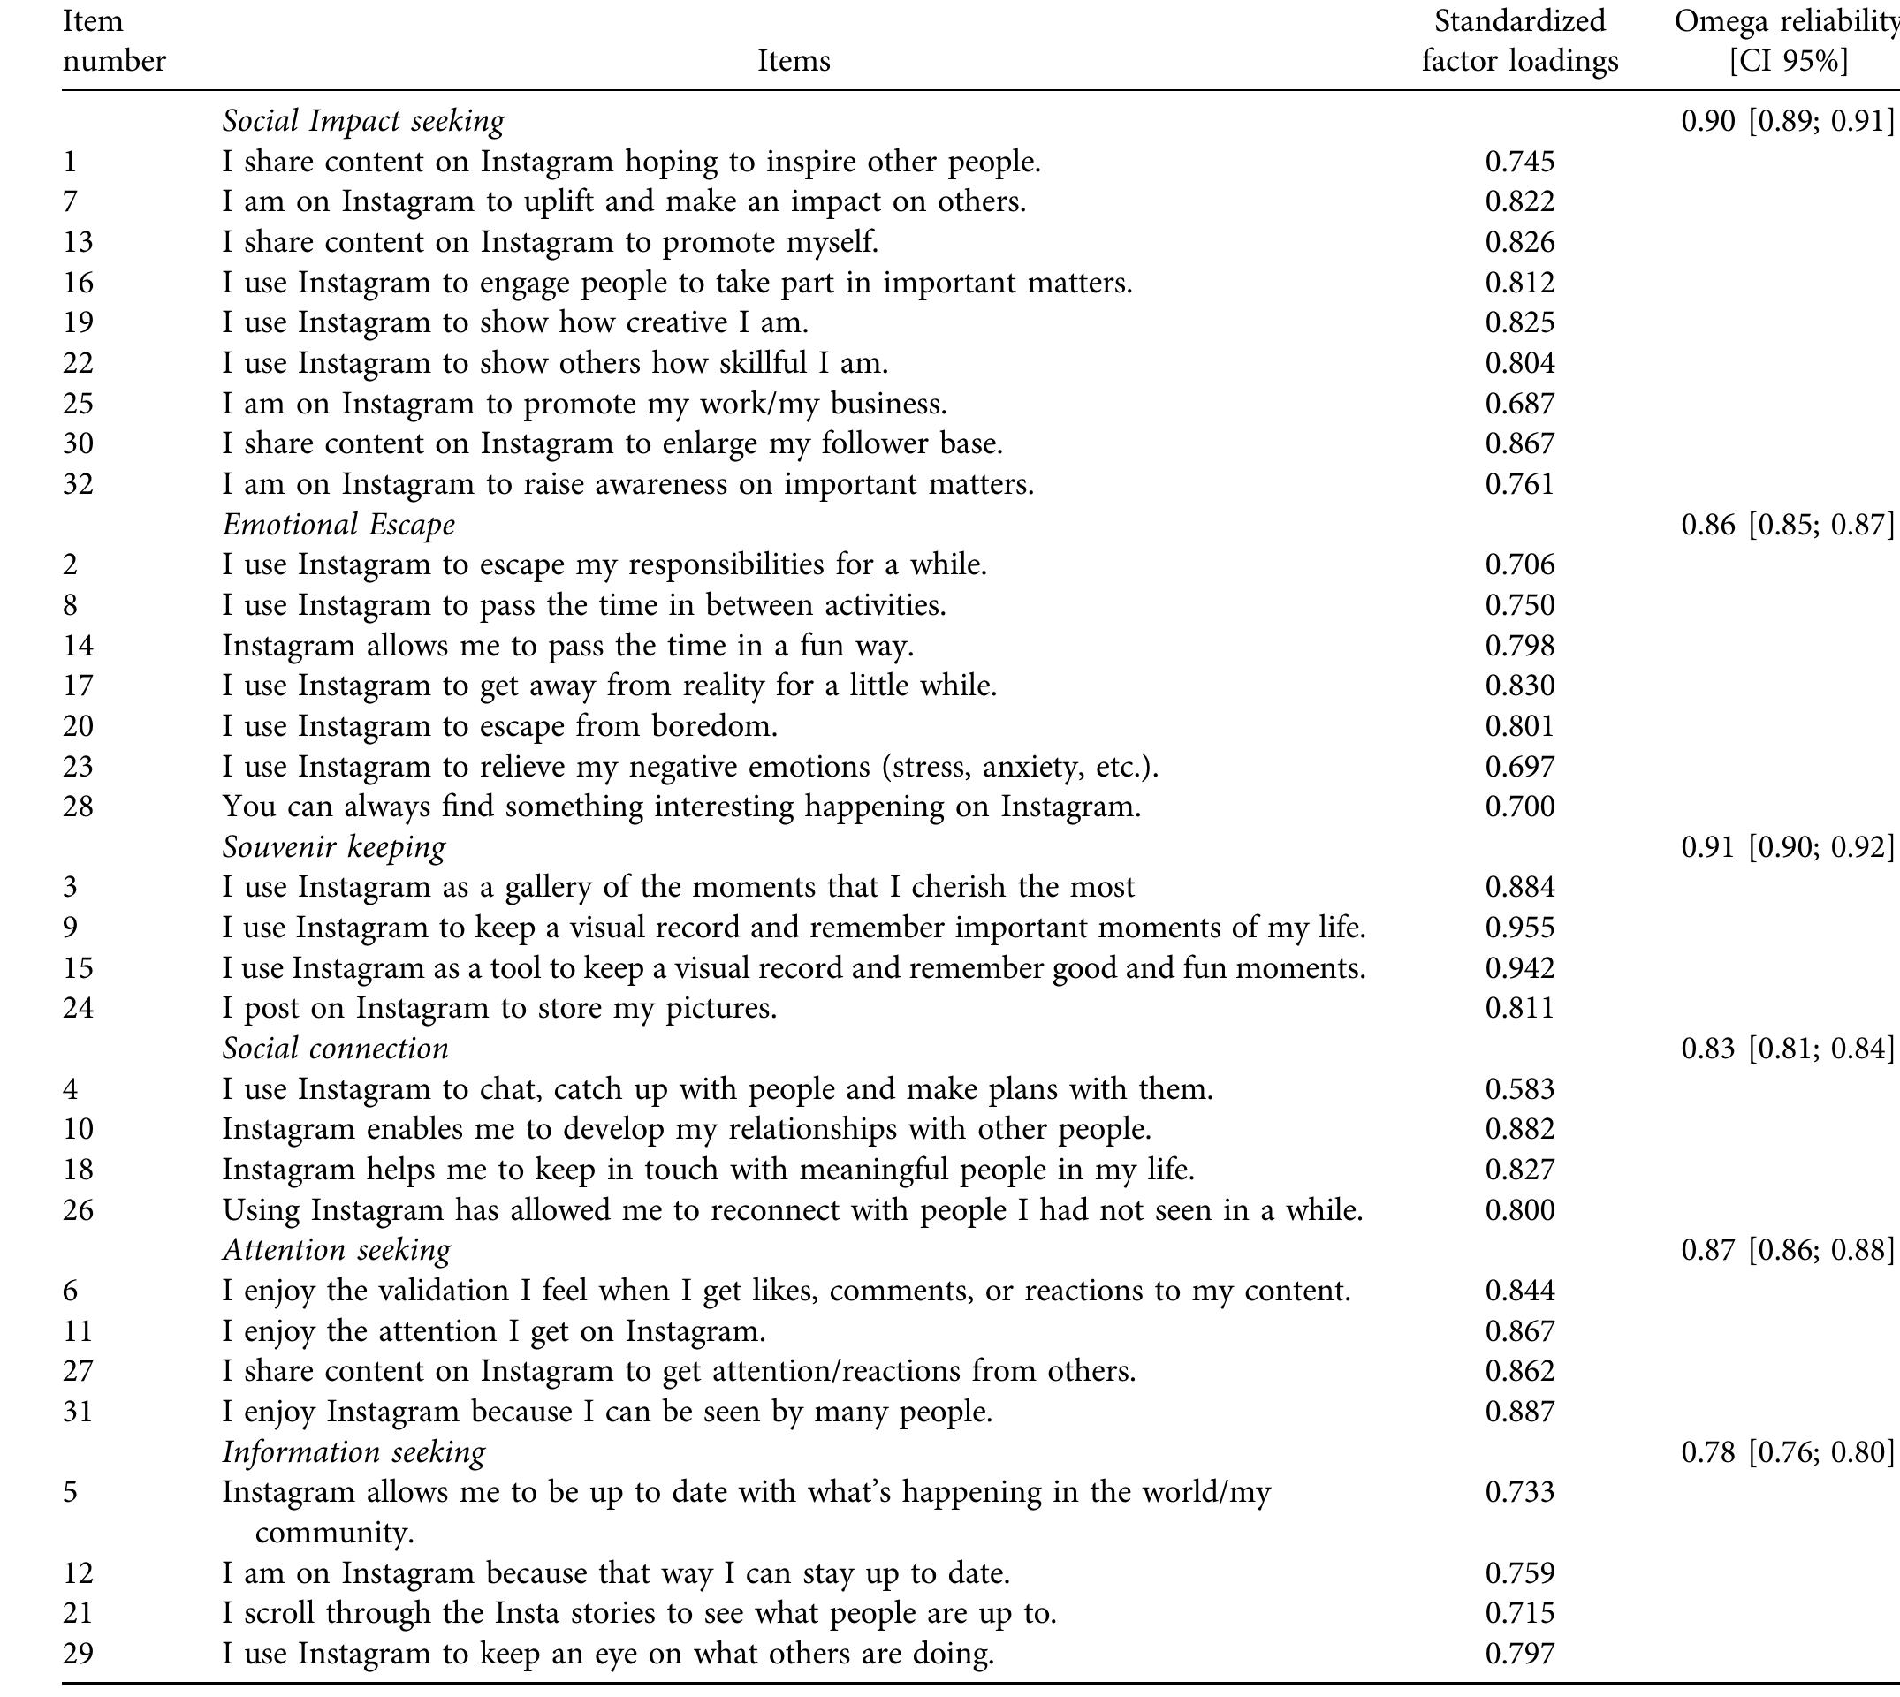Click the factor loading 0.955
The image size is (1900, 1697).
1519,928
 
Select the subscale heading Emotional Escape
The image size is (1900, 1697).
338,524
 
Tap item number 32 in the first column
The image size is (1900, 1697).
79,484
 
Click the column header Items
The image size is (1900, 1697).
793,61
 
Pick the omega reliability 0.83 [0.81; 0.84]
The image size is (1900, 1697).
1786,1049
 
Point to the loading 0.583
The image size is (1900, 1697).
1519,1089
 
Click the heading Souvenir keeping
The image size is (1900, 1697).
334,846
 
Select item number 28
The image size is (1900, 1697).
79,806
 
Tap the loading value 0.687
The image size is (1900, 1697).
1519,403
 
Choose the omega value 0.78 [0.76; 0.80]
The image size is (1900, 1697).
1786,1451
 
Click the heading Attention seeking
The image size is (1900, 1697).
337,1250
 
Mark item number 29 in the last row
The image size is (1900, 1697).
79,1653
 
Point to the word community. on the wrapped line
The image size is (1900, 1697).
334,1532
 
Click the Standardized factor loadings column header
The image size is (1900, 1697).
1519,41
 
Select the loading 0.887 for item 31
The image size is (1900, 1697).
1519,1411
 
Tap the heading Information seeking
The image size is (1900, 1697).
353,1451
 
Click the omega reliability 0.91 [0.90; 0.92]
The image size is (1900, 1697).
1786,846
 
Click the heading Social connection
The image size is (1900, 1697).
335,1049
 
